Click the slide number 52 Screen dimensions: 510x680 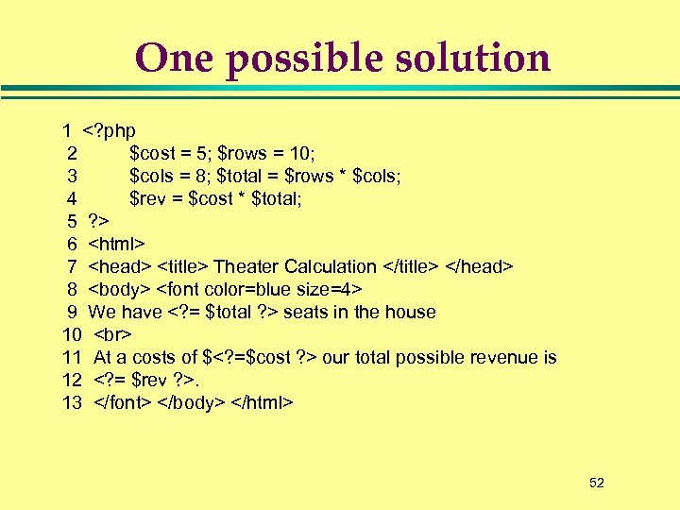596,483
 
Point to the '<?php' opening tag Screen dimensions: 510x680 110,130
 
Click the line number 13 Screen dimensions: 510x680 73,402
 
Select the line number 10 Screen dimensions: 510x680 73,334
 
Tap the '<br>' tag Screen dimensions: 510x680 113,334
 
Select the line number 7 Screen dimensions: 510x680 73,266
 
